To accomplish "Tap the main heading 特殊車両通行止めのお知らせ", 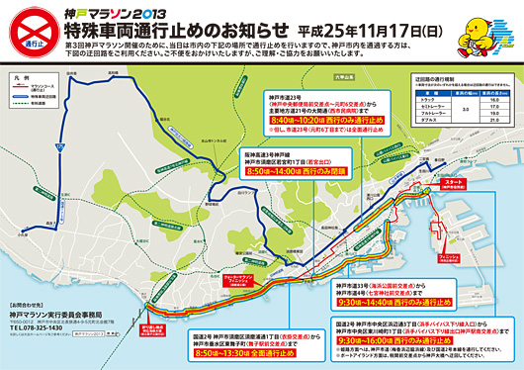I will click(163, 30).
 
